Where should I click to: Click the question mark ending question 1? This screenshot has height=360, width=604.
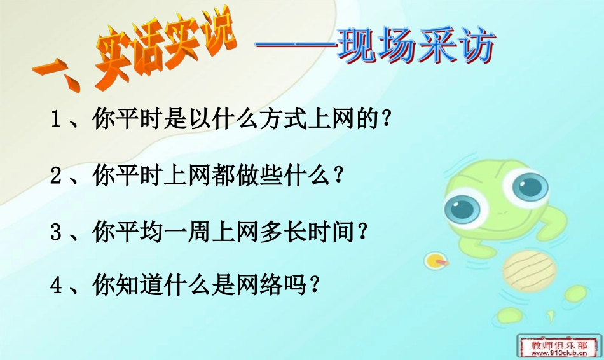click(383, 120)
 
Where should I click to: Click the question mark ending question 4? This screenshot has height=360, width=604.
click(312, 287)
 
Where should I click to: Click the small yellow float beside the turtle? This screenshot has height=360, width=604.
click(434, 260)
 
